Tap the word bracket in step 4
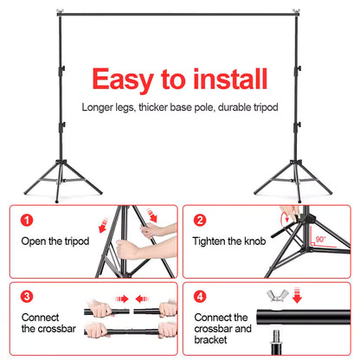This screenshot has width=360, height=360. [x=215, y=343]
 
